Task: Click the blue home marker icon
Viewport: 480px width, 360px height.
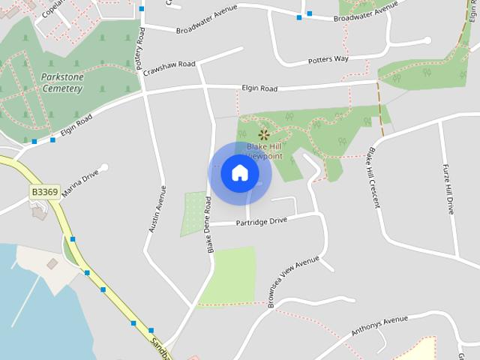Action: [239, 173]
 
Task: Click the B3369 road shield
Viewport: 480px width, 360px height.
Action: [45, 192]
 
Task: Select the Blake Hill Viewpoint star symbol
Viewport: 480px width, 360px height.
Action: [263, 135]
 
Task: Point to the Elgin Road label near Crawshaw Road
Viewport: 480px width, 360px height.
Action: [259, 88]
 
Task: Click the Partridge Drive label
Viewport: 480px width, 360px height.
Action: [262, 221]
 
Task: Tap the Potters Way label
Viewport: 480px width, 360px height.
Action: [328, 60]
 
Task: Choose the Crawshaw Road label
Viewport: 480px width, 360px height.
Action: [170, 64]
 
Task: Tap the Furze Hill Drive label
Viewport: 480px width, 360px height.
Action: [448, 189]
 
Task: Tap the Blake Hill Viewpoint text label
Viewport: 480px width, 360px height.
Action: [264, 152]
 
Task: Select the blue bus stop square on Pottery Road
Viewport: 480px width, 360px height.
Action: [142, 9]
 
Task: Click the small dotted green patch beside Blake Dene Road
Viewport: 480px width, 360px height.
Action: [193, 214]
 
